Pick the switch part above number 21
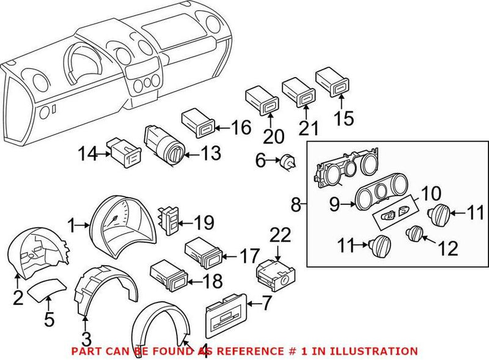pos(298,90)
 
